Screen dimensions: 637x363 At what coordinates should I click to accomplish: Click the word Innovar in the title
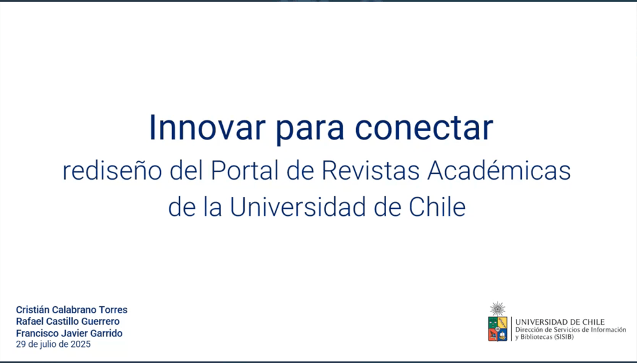207,127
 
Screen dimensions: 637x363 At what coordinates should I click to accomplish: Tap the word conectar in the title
424,128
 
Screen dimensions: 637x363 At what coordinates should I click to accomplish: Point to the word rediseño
113,171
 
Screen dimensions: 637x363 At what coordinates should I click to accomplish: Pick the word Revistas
371,171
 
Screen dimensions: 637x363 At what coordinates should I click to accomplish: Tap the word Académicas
499,171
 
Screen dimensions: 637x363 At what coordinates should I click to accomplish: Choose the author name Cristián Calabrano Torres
72,310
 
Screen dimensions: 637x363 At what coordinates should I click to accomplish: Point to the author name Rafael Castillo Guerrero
68,322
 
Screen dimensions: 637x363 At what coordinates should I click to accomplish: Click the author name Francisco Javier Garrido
69,333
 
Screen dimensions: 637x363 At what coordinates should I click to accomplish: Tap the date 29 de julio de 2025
54,345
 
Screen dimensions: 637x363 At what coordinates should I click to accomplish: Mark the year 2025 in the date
80,345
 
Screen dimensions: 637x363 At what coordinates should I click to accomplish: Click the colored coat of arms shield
497,329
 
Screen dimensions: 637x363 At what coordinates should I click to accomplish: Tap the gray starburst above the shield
497,309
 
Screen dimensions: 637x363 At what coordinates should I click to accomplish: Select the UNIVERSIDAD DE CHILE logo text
560,322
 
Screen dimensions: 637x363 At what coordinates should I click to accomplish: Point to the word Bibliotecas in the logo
536,337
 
